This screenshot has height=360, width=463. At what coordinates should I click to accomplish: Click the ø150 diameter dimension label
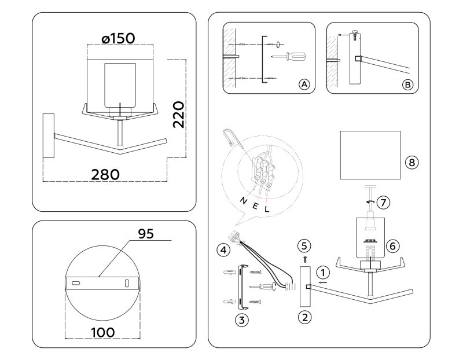pyautogui.click(x=118, y=38)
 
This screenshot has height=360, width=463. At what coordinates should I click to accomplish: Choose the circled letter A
pyautogui.click(x=304, y=84)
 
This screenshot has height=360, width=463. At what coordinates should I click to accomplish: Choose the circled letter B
pyautogui.click(x=407, y=85)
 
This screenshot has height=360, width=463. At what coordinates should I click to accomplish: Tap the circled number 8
pyautogui.click(x=411, y=162)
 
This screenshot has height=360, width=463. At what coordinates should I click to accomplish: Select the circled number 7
pyautogui.click(x=383, y=203)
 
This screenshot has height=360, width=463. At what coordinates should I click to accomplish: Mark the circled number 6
pyautogui.click(x=392, y=245)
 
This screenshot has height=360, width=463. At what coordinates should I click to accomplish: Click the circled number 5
pyautogui.click(x=306, y=245)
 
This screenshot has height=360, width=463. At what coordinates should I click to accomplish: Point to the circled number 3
pyautogui.click(x=242, y=318)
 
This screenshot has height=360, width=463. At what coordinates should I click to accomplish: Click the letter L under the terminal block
pyautogui.click(x=267, y=209)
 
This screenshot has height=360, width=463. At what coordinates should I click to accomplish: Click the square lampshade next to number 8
pyautogui.click(x=370, y=155)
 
